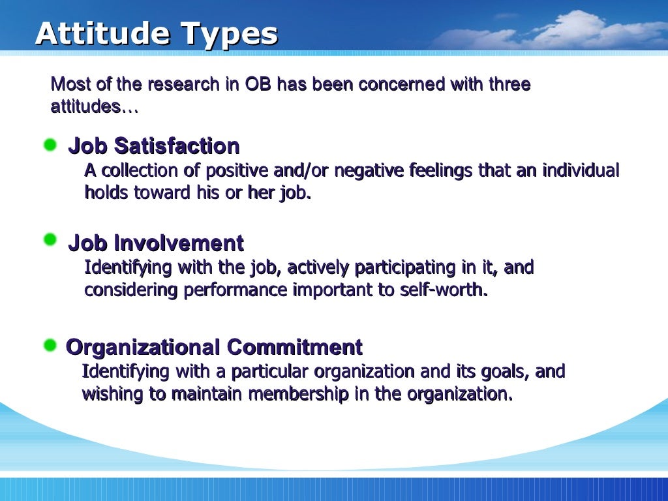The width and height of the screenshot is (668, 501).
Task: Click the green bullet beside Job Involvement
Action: [50, 240]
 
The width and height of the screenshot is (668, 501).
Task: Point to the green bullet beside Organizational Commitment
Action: [50, 345]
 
